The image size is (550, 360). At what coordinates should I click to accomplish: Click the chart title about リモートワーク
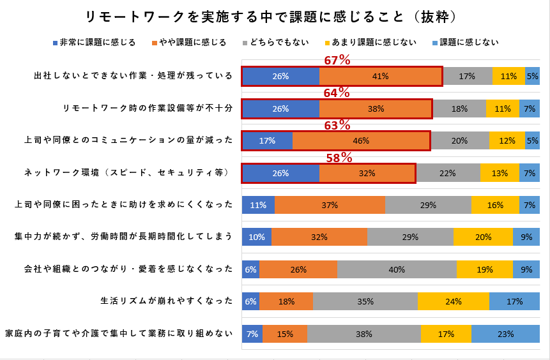coord(275,15)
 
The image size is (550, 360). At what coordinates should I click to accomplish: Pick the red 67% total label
coord(337,60)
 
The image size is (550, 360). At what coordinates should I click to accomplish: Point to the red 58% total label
coord(338,157)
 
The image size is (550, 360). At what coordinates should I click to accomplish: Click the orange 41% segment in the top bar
coord(380,76)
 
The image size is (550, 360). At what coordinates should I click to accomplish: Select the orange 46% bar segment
coord(361,140)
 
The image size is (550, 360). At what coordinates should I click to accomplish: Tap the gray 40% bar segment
coord(397,269)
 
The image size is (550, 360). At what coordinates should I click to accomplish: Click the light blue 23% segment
coord(505,334)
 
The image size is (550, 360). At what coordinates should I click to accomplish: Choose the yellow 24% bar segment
coord(453,301)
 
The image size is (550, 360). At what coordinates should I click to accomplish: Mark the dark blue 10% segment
coord(257,237)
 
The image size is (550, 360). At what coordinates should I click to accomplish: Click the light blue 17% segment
coord(514,301)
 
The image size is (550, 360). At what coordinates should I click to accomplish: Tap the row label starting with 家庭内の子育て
coord(119,334)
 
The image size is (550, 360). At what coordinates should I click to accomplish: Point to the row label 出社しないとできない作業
coord(134,76)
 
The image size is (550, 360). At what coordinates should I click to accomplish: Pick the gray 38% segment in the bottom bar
coord(363,334)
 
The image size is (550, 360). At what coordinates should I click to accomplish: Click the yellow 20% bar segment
coord(483,237)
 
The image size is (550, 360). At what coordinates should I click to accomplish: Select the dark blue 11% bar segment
coord(258,205)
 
